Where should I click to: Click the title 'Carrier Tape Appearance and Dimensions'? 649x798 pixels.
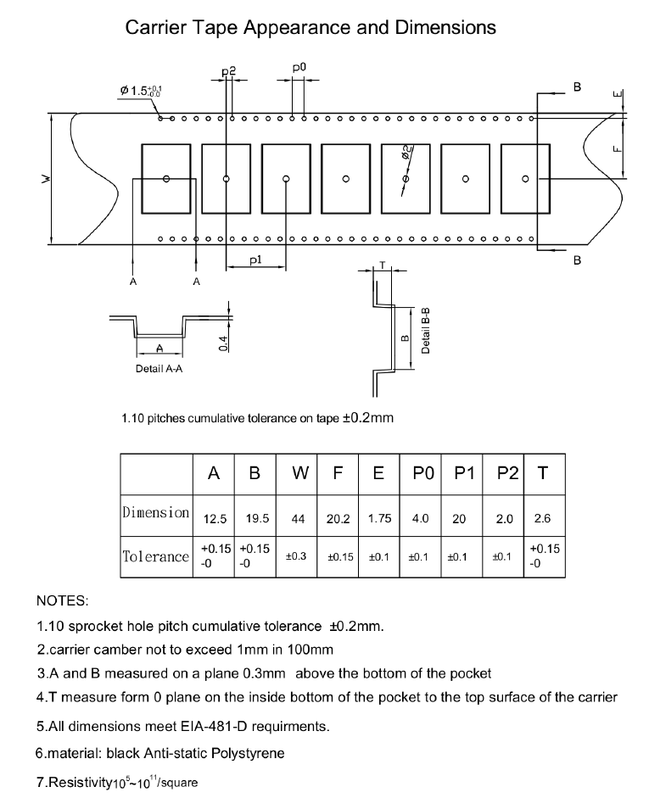(x=311, y=27)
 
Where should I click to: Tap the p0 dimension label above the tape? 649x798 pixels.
(x=299, y=66)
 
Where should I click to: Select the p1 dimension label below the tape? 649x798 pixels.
(x=255, y=259)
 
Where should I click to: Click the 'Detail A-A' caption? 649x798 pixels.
(x=160, y=369)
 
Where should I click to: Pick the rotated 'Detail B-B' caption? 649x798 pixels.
(x=426, y=330)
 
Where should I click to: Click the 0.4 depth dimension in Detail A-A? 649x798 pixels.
(x=223, y=342)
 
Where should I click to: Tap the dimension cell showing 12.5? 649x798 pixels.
(x=215, y=518)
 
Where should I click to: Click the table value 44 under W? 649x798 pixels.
(x=297, y=519)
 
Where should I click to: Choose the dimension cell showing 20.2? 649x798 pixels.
(x=338, y=519)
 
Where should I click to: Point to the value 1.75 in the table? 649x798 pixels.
(x=379, y=518)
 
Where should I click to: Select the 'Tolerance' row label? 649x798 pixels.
(x=155, y=556)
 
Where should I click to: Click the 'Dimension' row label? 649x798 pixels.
(x=155, y=512)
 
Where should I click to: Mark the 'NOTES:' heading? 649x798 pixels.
(x=62, y=601)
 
